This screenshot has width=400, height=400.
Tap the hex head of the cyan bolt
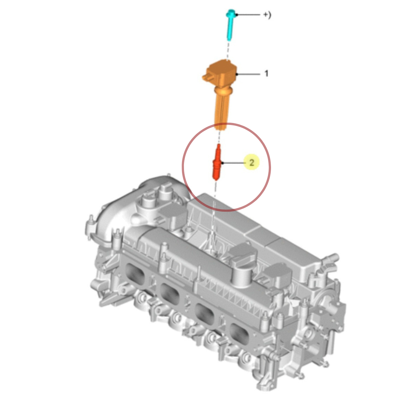point(230,13)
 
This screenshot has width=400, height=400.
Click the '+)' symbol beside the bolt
point(267,15)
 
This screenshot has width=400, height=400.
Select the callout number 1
point(266,73)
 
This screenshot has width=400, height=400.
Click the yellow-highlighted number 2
point(252,163)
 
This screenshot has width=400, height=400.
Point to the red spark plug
point(217,162)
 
